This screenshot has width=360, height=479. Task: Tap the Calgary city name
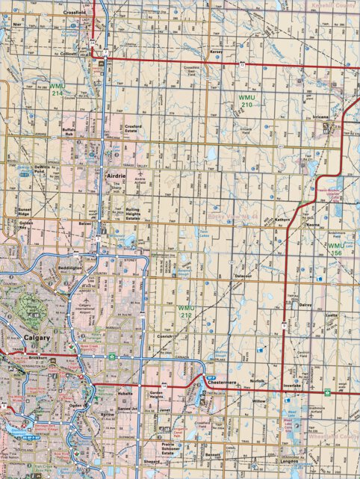37,338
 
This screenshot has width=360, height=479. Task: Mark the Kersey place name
217,52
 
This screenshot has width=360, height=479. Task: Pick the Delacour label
243,276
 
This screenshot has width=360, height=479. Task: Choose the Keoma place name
313,225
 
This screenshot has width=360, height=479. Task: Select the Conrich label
165,337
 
